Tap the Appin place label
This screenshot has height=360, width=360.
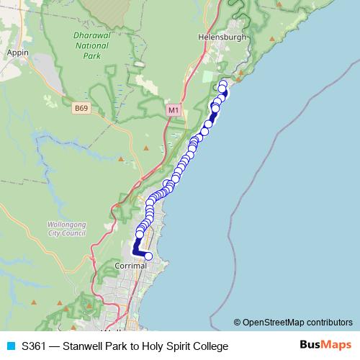point(15,53)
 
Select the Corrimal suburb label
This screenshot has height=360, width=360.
point(130,266)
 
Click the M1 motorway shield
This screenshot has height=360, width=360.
point(172,110)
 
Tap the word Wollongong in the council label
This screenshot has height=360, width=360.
point(66,225)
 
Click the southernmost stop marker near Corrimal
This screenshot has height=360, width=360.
point(149,256)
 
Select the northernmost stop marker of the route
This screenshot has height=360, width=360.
point(222,84)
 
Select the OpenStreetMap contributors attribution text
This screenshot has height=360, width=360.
point(297,323)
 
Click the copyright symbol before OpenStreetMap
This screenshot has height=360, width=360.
point(238,323)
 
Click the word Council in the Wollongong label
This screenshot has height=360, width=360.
point(74,233)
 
